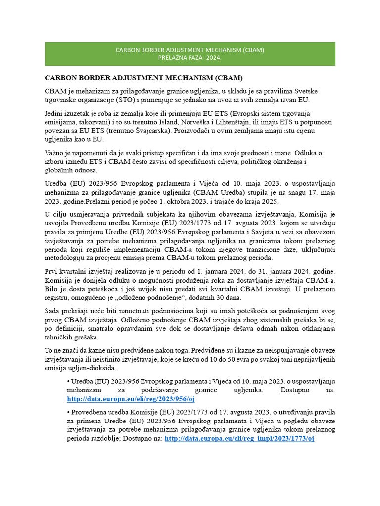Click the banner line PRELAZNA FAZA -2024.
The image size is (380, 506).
[190, 58]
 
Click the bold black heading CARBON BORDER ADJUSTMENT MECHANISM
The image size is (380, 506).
[144, 78]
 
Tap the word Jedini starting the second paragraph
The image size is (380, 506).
[55, 113]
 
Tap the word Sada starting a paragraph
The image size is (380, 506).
[53, 311]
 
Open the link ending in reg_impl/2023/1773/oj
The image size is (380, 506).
[239, 438]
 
